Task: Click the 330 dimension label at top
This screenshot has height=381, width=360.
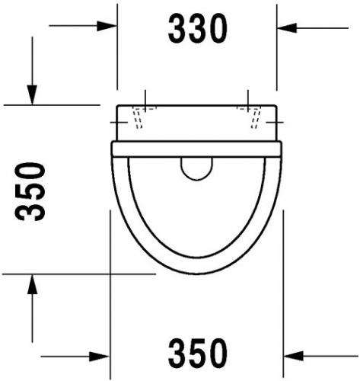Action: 197,28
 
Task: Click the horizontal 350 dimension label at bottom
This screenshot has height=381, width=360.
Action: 197,352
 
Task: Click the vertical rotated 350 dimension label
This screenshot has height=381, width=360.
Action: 30,192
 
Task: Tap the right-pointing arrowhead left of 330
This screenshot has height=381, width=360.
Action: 107,26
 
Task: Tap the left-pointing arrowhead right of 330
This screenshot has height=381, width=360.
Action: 287,27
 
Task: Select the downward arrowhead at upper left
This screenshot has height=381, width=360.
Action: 32,94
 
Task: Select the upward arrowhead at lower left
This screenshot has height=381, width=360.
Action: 32,284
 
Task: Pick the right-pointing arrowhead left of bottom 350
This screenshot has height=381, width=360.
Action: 99,357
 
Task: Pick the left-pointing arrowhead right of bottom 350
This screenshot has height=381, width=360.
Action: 294,356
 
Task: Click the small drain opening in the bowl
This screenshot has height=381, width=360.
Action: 197,169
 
